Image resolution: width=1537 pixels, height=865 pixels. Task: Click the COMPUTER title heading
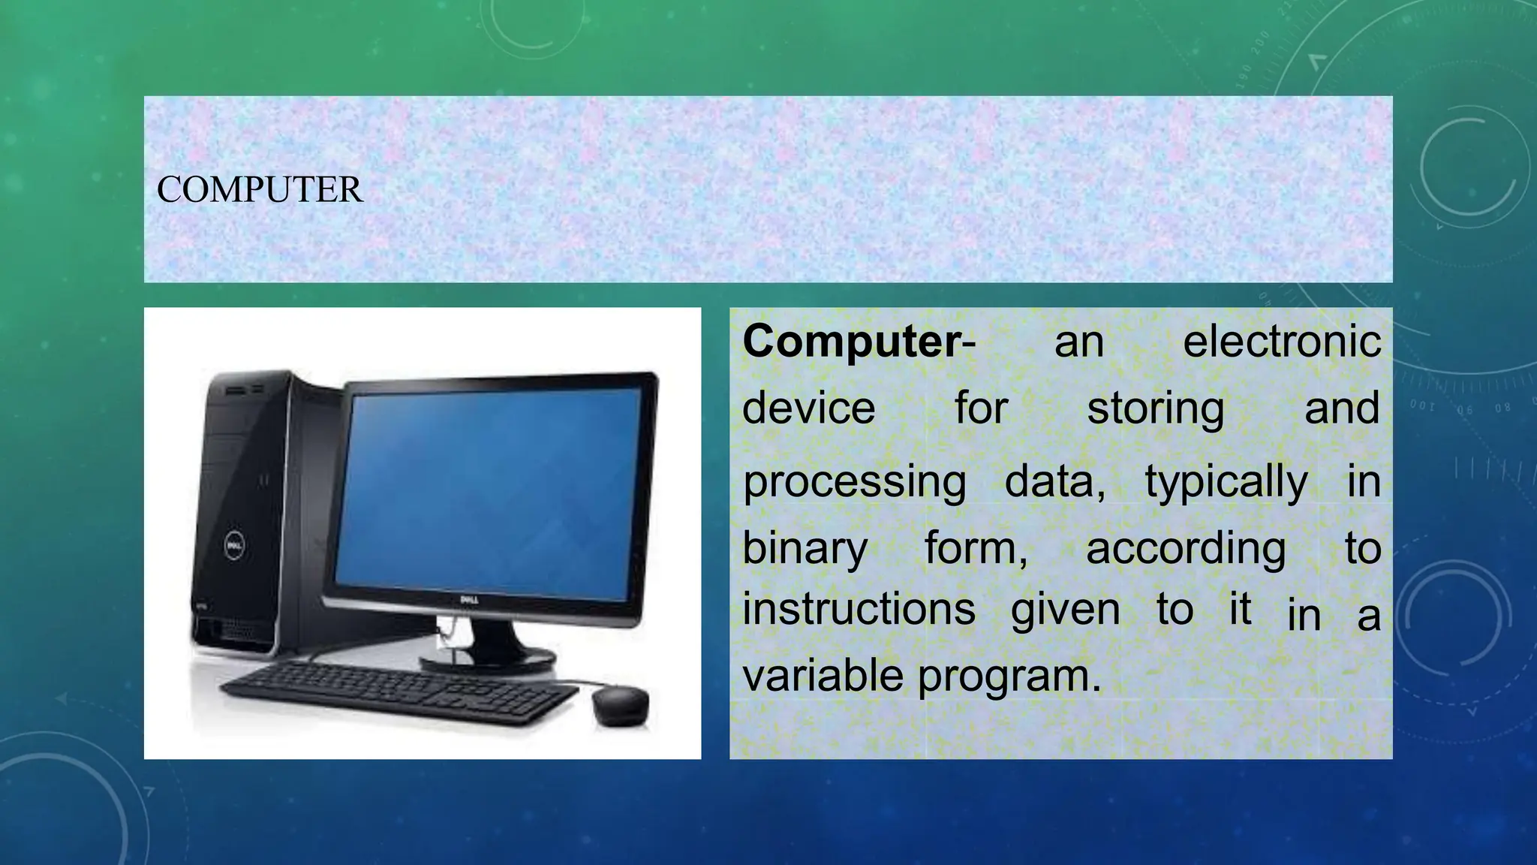click(260, 189)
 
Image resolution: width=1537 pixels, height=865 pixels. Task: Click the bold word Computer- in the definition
click(859, 342)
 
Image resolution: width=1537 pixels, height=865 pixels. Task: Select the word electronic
click(1281, 342)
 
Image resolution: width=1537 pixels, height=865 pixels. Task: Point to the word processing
click(854, 482)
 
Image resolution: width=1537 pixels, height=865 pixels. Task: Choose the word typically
click(1226, 482)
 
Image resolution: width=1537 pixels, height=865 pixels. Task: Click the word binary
click(805, 548)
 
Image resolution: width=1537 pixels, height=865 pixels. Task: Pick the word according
click(1185, 548)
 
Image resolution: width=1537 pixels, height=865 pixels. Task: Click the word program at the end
click(1009, 676)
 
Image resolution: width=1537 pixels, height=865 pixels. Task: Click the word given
click(1065, 610)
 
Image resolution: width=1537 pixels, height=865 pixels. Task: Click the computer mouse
click(620, 706)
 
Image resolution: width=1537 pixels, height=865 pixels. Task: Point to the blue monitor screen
click(488, 488)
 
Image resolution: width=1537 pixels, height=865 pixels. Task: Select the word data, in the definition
click(1054, 482)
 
